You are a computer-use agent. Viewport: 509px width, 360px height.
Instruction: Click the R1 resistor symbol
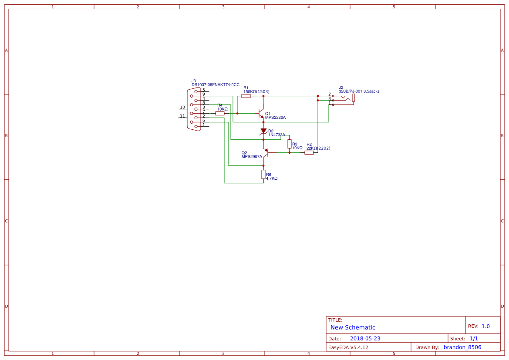[246, 96]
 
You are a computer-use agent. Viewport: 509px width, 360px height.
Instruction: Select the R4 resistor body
[220, 113]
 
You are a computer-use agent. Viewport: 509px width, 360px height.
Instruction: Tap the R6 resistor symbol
[263, 174]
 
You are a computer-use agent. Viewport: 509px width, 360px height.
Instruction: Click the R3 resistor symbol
[289, 144]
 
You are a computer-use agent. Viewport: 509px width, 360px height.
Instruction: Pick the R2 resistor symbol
[309, 152]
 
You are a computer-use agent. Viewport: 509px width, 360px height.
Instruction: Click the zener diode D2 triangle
[263, 131]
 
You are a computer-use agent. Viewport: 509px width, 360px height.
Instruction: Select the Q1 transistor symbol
[261, 114]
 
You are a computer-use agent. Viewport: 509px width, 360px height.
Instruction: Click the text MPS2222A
[275, 118]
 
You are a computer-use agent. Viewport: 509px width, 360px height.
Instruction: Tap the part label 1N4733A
[276, 135]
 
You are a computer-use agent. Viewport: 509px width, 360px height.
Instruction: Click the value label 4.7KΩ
[272, 178]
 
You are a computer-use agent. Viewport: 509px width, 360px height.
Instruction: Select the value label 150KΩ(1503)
[256, 91]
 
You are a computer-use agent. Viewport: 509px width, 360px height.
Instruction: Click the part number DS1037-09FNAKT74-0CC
[215, 84]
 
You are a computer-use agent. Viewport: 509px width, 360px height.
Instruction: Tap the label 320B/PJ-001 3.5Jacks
[359, 91]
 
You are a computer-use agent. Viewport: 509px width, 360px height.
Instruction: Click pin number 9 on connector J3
[203, 94]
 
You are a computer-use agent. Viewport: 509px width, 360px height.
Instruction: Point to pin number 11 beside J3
[182, 116]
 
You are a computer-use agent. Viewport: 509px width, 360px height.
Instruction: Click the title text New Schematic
[353, 327]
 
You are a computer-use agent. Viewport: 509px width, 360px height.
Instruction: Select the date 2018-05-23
[365, 339]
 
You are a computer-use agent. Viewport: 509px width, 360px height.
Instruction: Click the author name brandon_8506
[462, 347]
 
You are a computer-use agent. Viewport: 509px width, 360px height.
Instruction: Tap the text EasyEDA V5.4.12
[348, 347]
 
